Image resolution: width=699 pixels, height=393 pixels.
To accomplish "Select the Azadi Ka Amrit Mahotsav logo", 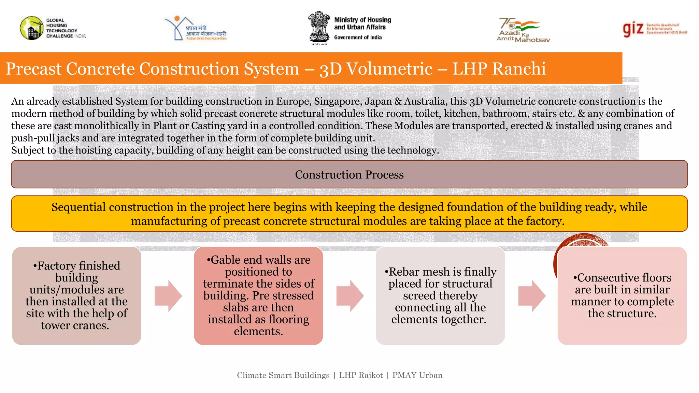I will [x=522, y=30].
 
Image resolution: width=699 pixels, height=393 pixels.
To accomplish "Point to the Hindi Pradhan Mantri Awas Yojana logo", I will [x=196, y=29].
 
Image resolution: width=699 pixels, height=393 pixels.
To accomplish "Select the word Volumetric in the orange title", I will [x=389, y=69].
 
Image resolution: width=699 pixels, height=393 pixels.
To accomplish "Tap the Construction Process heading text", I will [x=349, y=175].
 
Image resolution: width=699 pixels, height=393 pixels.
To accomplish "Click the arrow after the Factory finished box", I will [x=168, y=296].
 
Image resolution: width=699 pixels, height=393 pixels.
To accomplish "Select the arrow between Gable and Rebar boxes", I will [x=349, y=296].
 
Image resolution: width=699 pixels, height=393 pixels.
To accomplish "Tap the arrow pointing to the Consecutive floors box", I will [x=531, y=296].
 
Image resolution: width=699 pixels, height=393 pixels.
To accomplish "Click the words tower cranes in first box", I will [x=75, y=325].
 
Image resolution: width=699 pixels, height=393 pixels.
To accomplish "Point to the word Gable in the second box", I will [x=226, y=260].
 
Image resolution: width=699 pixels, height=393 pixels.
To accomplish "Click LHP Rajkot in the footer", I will [x=361, y=375].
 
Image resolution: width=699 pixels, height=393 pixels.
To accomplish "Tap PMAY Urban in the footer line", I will [x=417, y=375].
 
